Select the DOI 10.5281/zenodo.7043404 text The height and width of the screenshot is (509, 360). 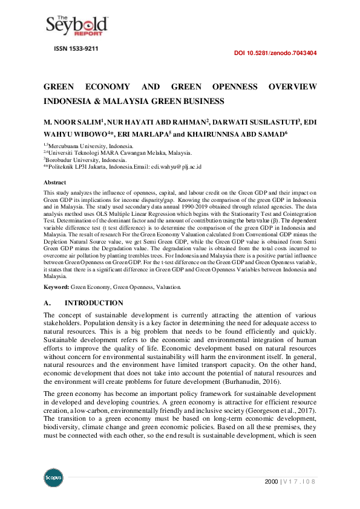275,53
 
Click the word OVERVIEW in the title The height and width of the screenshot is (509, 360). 293,87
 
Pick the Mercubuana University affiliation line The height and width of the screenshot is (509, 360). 90,146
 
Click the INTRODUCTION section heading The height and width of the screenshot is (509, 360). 94,303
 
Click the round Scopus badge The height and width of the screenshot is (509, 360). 53,478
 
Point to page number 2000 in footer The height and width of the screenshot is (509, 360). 272,481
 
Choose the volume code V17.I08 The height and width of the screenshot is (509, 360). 301,481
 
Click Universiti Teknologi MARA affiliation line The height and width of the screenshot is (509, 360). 120,153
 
